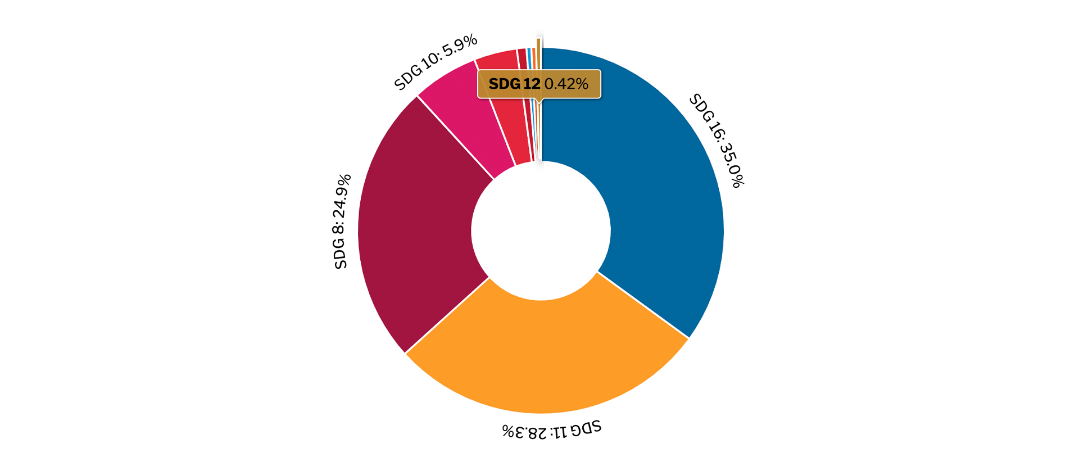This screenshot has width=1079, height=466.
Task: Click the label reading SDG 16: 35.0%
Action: pos(717,141)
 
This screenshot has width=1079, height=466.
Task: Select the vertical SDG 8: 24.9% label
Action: pos(342,221)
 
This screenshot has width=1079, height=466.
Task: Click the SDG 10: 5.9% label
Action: pos(436,62)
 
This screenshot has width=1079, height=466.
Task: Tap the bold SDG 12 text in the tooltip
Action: pos(514,84)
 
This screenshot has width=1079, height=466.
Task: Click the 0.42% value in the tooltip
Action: pos(566,84)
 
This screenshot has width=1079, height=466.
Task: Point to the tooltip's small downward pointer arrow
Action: pos(539,101)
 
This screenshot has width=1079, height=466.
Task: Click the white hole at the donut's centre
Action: pos(541,230)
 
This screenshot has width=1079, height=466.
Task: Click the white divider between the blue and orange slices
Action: pos(643,305)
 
